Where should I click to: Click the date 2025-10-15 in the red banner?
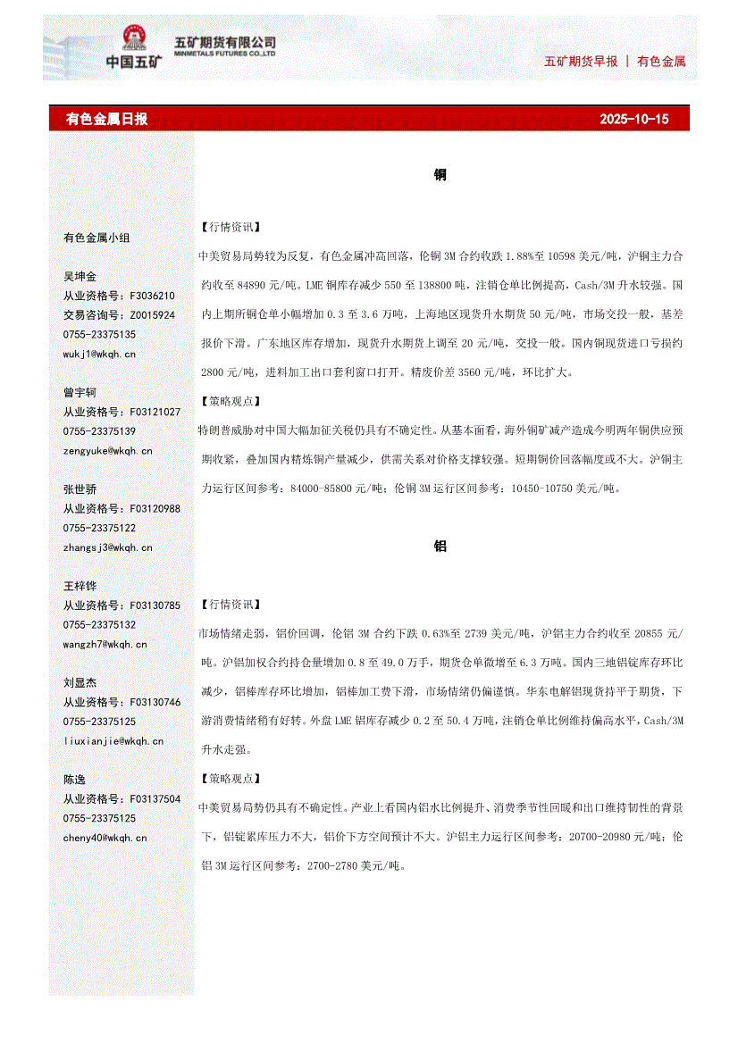tap(633, 119)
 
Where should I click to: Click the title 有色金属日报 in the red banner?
tap(107, 119)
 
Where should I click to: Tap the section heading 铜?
tap(440, 175)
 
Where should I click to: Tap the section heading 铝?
tap(440, 547)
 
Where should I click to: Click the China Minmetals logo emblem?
tap(136, 40)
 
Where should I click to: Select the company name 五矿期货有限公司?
tap(224, 42)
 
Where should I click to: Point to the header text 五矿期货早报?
tap(581, 62)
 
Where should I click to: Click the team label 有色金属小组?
tap(96, 238)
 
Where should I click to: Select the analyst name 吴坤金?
tap(80, 277)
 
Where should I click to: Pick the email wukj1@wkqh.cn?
tap(99, 354)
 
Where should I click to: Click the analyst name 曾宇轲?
tap(80, 393)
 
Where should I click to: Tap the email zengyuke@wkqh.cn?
tap(107, 451)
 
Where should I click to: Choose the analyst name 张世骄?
tap(80, 489)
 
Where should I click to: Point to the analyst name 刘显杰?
tap(80, 682)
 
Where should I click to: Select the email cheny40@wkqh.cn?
tap(105, 838)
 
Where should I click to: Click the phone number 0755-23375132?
tap(99, 625)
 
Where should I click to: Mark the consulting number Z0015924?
tap(153, 315)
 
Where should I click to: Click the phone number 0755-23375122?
tap(99, 528)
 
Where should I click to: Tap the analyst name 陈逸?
tap(74, 780)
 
